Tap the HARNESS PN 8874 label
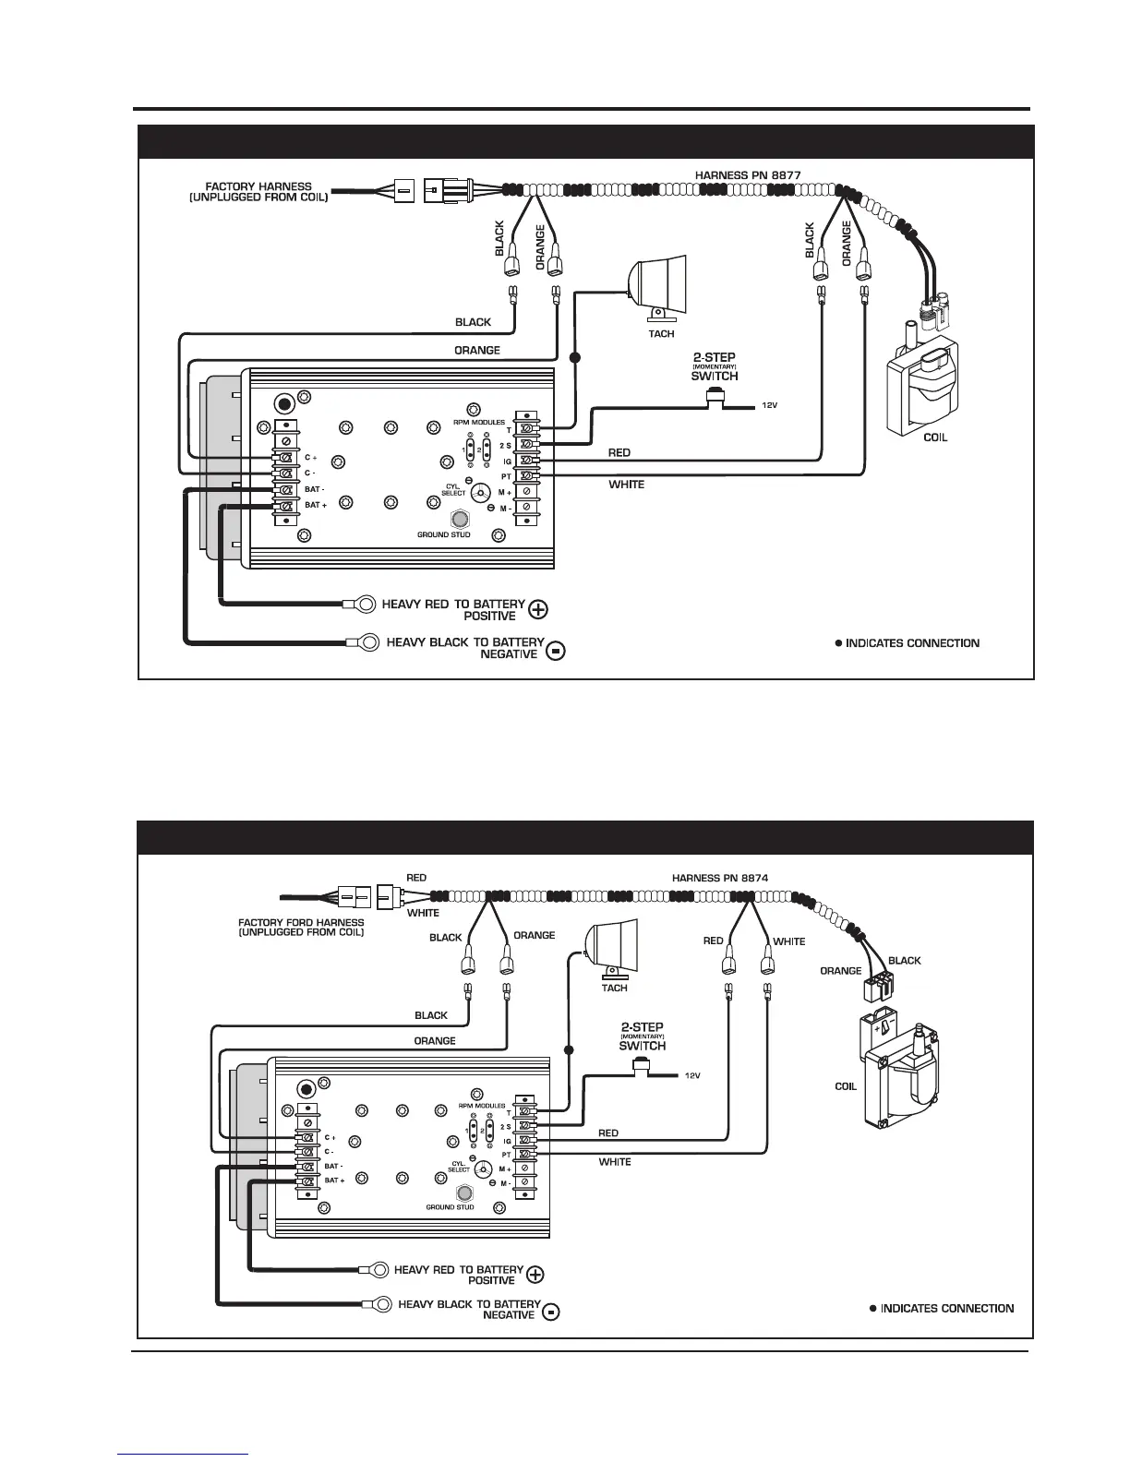point(720,878)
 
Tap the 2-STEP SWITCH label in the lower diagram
point(643,1037)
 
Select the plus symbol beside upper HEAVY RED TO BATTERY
point(538,609)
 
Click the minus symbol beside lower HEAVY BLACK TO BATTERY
point(551,1312)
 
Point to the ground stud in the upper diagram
point(457,519)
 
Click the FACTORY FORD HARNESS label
point(301,927)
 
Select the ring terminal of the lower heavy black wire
point(376,1305)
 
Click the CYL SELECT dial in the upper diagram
point(480,494)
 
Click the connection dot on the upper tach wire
point(574,356)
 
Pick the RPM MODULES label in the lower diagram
point(482,1105)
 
